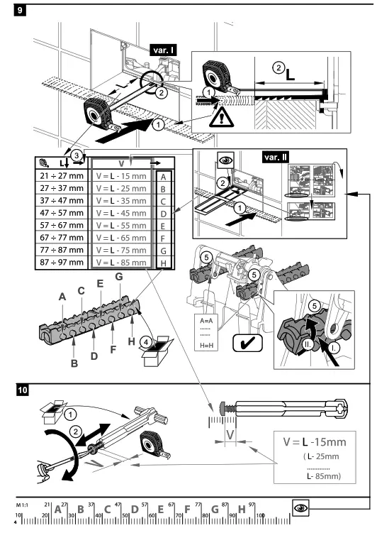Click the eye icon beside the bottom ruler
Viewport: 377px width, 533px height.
[300, 508]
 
